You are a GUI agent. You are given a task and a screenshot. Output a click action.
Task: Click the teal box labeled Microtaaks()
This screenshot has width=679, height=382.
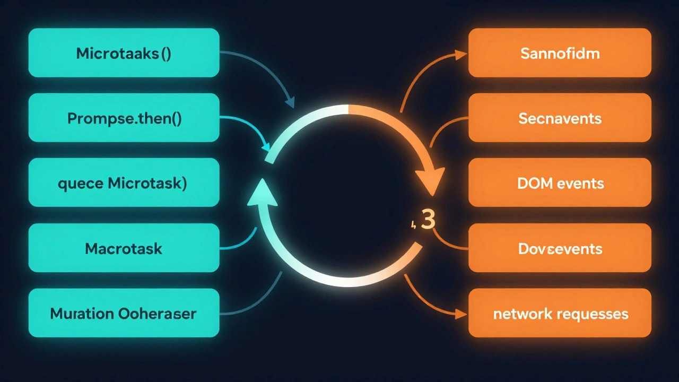click(124, 53)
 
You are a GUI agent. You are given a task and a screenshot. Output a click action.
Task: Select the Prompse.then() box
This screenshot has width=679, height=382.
click(124, 118)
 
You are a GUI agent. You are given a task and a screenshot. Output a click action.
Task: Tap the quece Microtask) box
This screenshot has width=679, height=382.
click(124, 183)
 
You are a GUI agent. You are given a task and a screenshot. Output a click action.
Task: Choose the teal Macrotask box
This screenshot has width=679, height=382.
click(124, 248)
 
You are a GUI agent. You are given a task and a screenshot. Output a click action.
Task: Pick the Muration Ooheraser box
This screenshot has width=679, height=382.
click(124, 313)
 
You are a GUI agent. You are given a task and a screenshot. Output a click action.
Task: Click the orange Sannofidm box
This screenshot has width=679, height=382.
click(560, 53)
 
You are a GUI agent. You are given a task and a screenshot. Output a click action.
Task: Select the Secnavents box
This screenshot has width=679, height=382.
click(560, 118)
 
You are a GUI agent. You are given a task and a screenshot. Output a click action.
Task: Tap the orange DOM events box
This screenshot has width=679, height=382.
click(560, 183)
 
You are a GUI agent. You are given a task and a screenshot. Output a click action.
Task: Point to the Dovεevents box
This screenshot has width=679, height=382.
click(560, 248)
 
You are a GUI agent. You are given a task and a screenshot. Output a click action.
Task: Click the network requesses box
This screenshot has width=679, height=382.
click(560, 313)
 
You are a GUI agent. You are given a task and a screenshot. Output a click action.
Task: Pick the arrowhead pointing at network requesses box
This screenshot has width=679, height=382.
click(460, 314)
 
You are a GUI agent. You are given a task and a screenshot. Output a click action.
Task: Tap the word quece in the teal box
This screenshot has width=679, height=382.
click(81, 184)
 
